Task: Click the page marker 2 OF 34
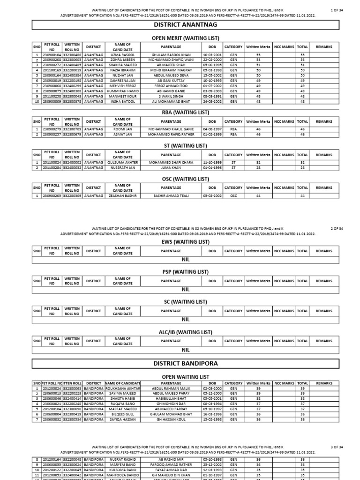(337, 229)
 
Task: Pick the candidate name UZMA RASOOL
(121, 55)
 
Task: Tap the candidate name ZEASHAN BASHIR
(121, 196)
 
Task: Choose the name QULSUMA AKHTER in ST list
(121, 163)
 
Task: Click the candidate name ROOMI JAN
(121, 129)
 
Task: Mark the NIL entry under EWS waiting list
(186, 259)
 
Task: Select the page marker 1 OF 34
(337, 10)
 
